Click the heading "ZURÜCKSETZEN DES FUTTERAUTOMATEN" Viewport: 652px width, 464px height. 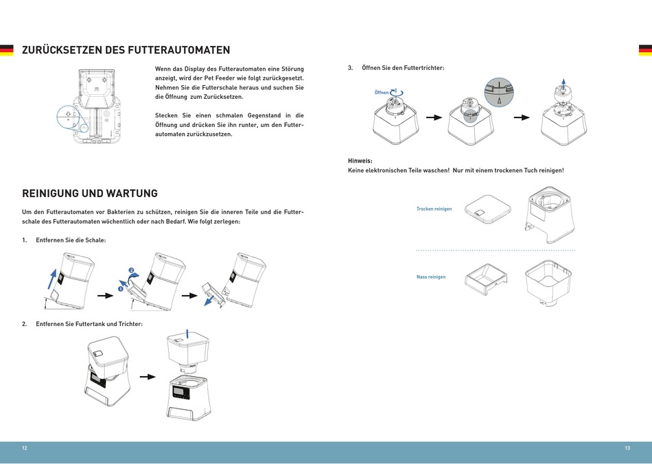126,50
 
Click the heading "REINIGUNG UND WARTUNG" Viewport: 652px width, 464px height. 90,194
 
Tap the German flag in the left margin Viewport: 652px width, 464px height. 6,50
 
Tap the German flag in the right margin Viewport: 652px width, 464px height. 645,50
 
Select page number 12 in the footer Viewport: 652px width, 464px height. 25,448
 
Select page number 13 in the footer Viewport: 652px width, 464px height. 627,448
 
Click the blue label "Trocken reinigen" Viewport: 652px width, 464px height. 434,209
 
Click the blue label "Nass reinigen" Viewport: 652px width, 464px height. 431,277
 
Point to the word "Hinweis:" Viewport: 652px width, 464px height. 360,161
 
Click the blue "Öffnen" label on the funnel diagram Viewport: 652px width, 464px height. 382,92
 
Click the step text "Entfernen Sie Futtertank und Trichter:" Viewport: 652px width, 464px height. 89,323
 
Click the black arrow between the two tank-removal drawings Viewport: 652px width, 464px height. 147,377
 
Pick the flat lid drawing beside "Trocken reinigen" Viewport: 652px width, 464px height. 487,209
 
